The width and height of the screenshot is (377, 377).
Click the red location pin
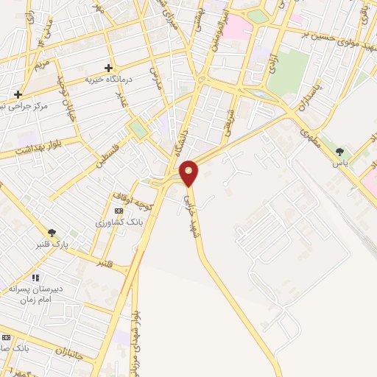click(189, 174)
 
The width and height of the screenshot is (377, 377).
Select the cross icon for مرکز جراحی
click(18, 94)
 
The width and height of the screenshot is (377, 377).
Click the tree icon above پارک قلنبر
click(52, 233)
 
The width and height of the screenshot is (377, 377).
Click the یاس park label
click(339, 163)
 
